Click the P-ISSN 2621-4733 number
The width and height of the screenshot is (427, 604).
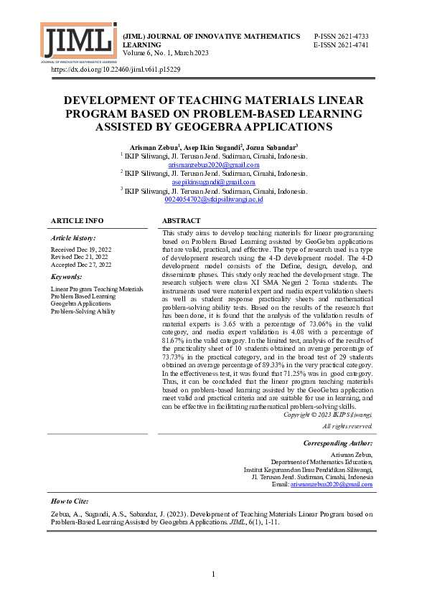tap(341, 36)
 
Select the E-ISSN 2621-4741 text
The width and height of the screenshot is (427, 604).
tap(341, 44)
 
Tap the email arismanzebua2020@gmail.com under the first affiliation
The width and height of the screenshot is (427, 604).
tap(214, 164)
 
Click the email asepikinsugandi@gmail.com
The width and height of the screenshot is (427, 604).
tap(214, 182)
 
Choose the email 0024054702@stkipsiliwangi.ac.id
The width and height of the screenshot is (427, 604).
tap(214, 199)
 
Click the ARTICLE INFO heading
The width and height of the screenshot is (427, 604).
tap(78, 221)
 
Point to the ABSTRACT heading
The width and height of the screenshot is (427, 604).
tap(182, 221)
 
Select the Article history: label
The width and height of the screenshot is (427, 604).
tap(73, 237)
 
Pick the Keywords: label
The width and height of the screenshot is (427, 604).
tap(67, 276)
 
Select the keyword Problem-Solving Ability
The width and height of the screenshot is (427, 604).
tap(83, 311)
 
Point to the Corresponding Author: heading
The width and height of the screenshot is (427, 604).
tap(338, 443)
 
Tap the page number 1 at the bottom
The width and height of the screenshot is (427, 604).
tap(214, 575)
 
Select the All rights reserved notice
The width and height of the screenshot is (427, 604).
tap(347, 426)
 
